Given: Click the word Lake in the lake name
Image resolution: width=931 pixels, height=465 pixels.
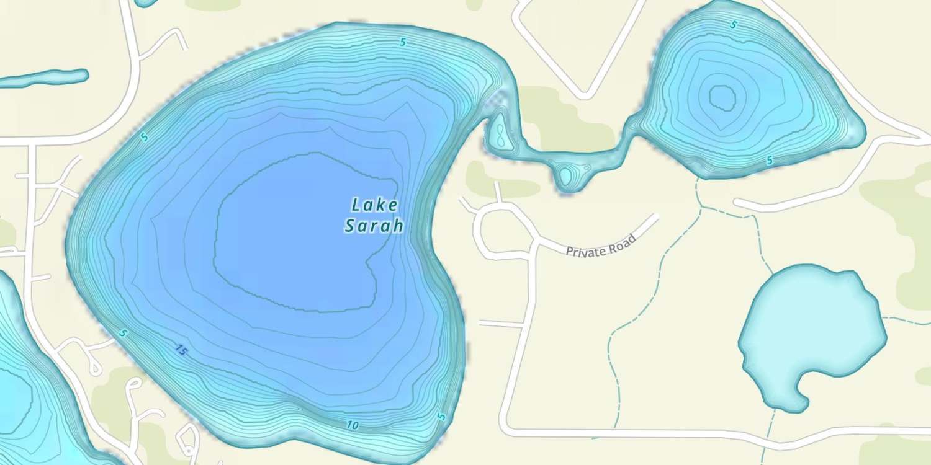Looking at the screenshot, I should point(374,205).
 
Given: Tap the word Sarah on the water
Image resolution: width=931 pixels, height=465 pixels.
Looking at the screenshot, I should point(374,226).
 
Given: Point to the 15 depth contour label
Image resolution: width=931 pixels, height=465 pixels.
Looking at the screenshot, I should point(180,351).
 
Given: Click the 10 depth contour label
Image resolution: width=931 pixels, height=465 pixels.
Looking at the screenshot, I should point(353,425).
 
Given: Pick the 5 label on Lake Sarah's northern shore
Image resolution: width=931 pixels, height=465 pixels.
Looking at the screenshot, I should point(403,42).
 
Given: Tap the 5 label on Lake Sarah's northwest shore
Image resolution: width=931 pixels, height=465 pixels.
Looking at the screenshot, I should point(144,137).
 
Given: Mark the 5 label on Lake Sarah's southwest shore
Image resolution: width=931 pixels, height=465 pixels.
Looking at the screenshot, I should point(123,334).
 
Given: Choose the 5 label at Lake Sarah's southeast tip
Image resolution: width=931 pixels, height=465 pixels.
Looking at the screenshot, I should point(441,417).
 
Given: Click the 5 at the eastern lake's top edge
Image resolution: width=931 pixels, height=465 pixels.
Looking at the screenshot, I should point(734,25).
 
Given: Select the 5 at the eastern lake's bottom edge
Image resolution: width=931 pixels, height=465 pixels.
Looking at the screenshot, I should point(770,161).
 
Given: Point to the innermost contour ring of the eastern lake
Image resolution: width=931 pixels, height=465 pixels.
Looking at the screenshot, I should point(721,96).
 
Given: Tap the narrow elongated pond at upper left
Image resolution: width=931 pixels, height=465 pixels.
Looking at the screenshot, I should point(43,78).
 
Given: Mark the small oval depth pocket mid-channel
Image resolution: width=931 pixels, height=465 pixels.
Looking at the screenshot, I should point(565,176).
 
